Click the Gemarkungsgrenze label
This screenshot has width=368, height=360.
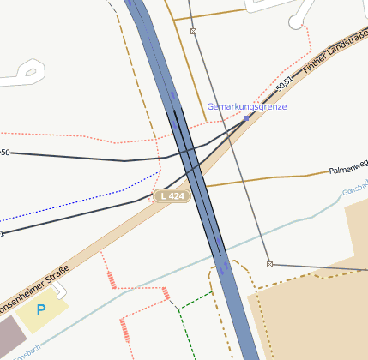[x=246, y=107]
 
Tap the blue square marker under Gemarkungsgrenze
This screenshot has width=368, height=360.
[x=246, y=118]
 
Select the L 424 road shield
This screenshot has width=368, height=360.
[x=171, y=196]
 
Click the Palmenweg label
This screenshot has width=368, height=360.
[x=348, y=171]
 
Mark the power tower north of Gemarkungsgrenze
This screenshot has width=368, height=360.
[x=193, y=32]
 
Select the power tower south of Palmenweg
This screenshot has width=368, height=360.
[x=269, y=264]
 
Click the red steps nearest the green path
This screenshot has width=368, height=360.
[x=166, y=296]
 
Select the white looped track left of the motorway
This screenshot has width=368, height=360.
[x=27, y=72]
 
